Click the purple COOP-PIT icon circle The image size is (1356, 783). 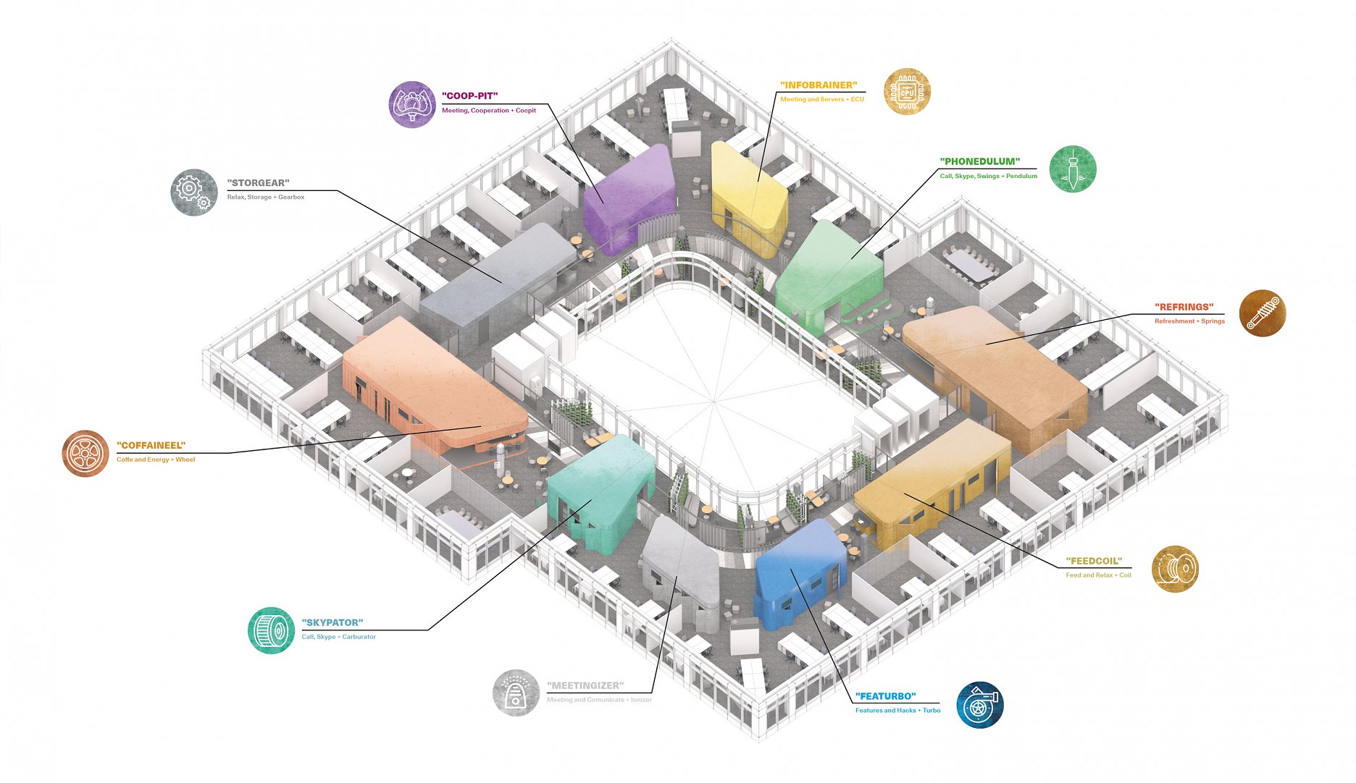coord(412,104)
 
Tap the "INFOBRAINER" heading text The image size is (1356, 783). coord(819,85)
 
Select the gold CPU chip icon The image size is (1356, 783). coord(907,92)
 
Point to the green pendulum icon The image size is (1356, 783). coord(1073,169)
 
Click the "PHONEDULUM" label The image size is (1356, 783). coord(979,161)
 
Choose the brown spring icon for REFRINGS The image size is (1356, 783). coord(1263,313)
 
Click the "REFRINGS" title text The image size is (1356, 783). coord(1184,307)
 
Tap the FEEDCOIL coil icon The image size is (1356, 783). coord(1175,569)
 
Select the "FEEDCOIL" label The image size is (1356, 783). coord(1094,562)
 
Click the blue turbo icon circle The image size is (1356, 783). coord(980,704)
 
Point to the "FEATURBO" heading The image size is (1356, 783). coord(886,696)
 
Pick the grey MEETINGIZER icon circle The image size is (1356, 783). coord(516,693)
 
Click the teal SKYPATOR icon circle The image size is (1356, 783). coord(271,630)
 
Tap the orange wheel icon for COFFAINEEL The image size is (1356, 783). coord(85,453)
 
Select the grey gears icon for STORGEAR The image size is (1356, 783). coord(194,192)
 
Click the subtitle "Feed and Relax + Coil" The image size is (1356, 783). coord(1098,575)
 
